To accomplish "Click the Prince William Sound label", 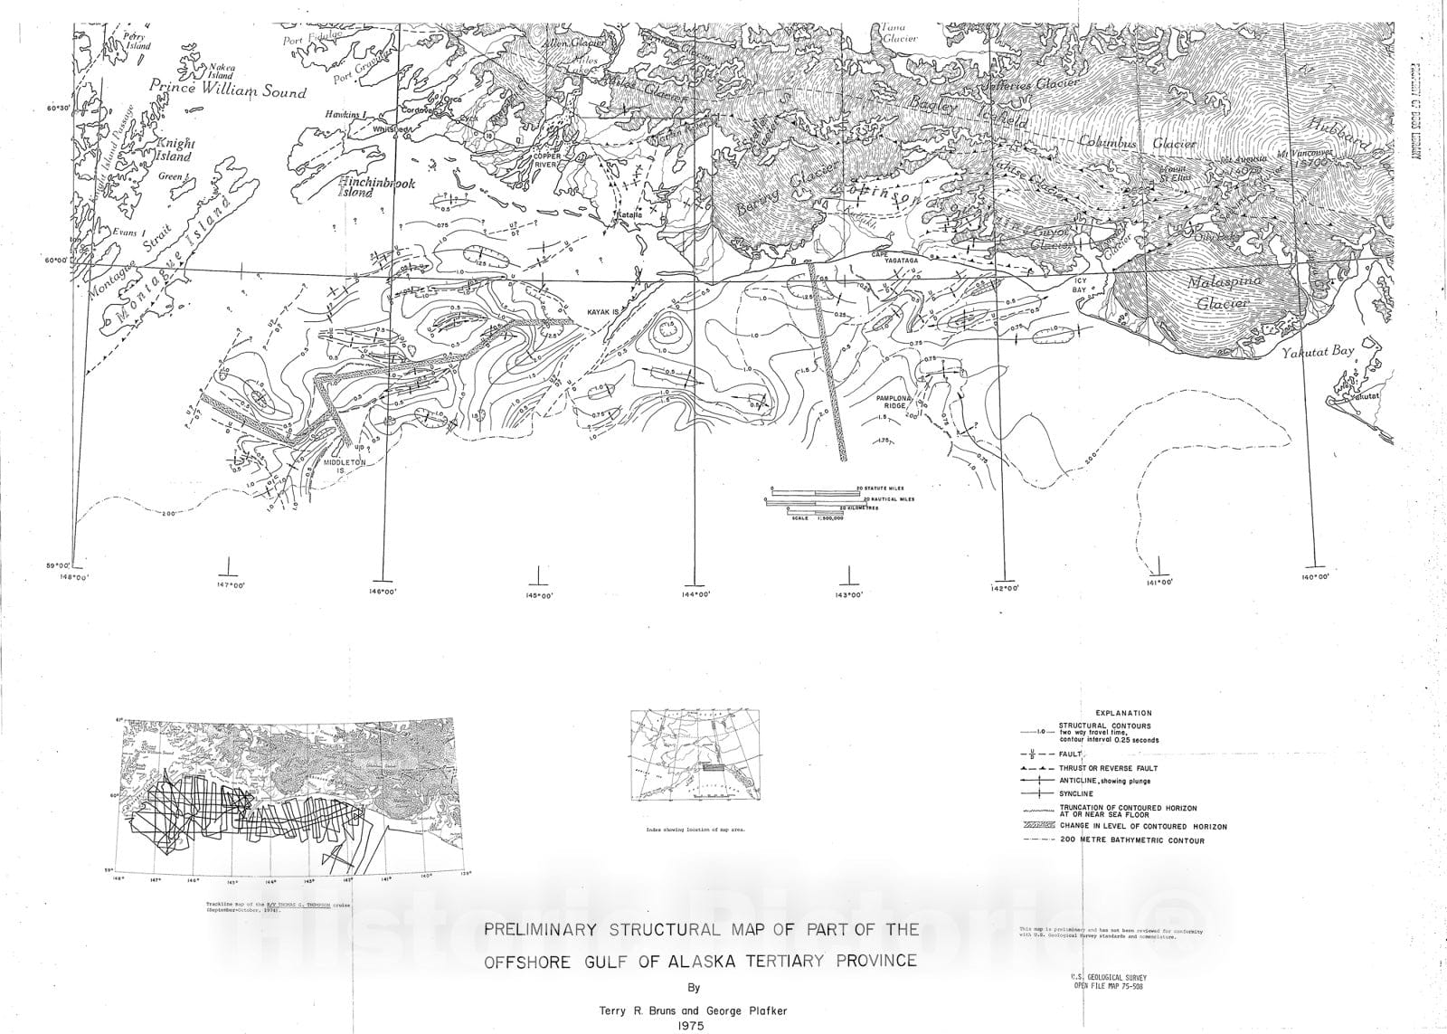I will coord(228,90).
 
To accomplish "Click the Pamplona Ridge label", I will coord(896,403).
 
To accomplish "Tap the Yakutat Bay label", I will coord(1318,353).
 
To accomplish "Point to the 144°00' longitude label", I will coord(694,594).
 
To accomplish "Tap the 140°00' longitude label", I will coord(1315,577).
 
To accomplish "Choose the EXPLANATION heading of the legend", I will coord(1122,713).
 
